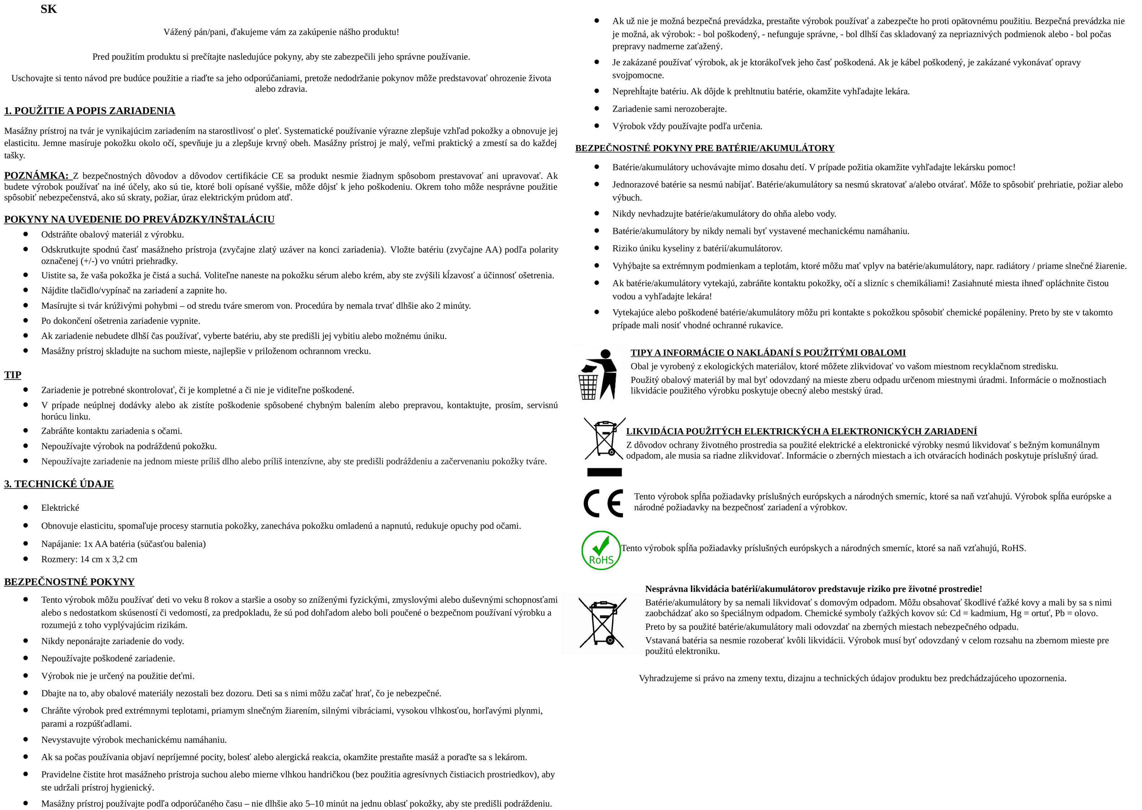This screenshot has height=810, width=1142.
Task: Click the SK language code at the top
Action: [48, 9]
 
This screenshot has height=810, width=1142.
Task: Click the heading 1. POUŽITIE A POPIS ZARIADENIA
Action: [90, 111]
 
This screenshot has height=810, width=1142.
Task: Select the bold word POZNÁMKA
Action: [36, 175]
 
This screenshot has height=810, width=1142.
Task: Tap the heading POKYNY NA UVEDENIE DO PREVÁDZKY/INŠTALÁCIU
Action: [139, 219]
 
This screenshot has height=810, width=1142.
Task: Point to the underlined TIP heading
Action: [13, 375]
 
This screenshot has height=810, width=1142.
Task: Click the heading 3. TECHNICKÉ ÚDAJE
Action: [59, 484]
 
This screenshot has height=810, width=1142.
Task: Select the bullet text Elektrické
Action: [60, 508]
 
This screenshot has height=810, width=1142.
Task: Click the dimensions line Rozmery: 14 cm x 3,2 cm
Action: [89, 559]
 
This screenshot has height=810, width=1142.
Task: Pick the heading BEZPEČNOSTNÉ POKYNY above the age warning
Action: [69, 582]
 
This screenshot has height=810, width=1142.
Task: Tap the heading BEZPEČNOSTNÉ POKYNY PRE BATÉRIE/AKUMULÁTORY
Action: [704, 148]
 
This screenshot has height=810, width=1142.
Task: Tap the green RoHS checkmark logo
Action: [601, 550]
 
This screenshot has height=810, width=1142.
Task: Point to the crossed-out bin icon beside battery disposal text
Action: [602, 623]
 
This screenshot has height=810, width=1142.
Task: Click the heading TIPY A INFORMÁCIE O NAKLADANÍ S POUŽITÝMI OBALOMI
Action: [767, 353]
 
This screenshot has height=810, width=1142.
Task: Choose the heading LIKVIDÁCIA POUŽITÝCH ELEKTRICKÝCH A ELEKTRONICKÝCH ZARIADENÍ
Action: [801, 431]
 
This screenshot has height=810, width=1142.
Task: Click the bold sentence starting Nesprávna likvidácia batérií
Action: [813, 589]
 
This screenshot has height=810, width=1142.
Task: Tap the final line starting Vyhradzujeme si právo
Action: [852, 678]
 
